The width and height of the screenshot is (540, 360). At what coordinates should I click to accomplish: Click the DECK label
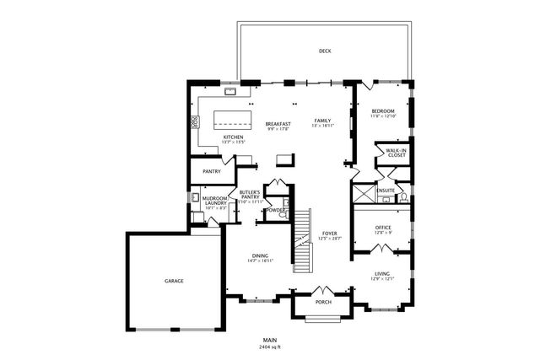325,52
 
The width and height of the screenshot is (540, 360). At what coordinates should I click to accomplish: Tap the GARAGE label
174,281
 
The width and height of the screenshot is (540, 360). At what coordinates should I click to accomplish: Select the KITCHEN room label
234,137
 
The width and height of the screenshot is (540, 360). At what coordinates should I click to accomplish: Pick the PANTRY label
211,172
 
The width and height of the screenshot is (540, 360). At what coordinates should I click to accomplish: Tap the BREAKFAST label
278,123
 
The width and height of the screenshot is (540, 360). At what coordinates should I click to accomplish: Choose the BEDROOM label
384,111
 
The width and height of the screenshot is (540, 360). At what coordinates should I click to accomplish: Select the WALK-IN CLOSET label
396,153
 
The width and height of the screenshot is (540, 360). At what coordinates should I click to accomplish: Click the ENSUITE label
386,191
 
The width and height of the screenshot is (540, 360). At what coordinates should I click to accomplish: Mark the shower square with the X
364,195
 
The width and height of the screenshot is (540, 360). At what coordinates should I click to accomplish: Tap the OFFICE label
383,227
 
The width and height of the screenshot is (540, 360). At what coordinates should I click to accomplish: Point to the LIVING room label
383,274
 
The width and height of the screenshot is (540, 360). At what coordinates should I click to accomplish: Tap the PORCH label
322,301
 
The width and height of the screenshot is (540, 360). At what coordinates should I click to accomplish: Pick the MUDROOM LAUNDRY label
214,201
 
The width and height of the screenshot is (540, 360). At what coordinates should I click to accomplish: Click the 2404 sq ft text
270,347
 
